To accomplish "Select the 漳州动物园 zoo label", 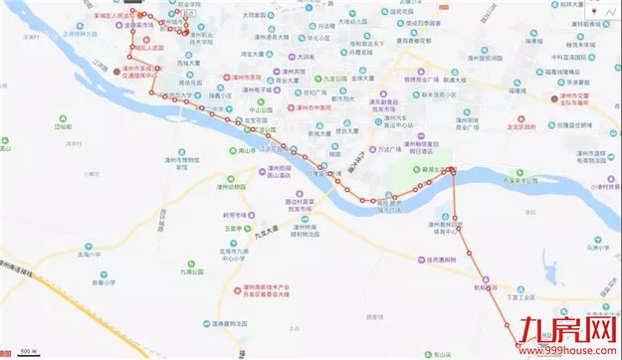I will click(x=231, y=185).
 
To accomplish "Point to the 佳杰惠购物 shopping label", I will click(x=439, y=261).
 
